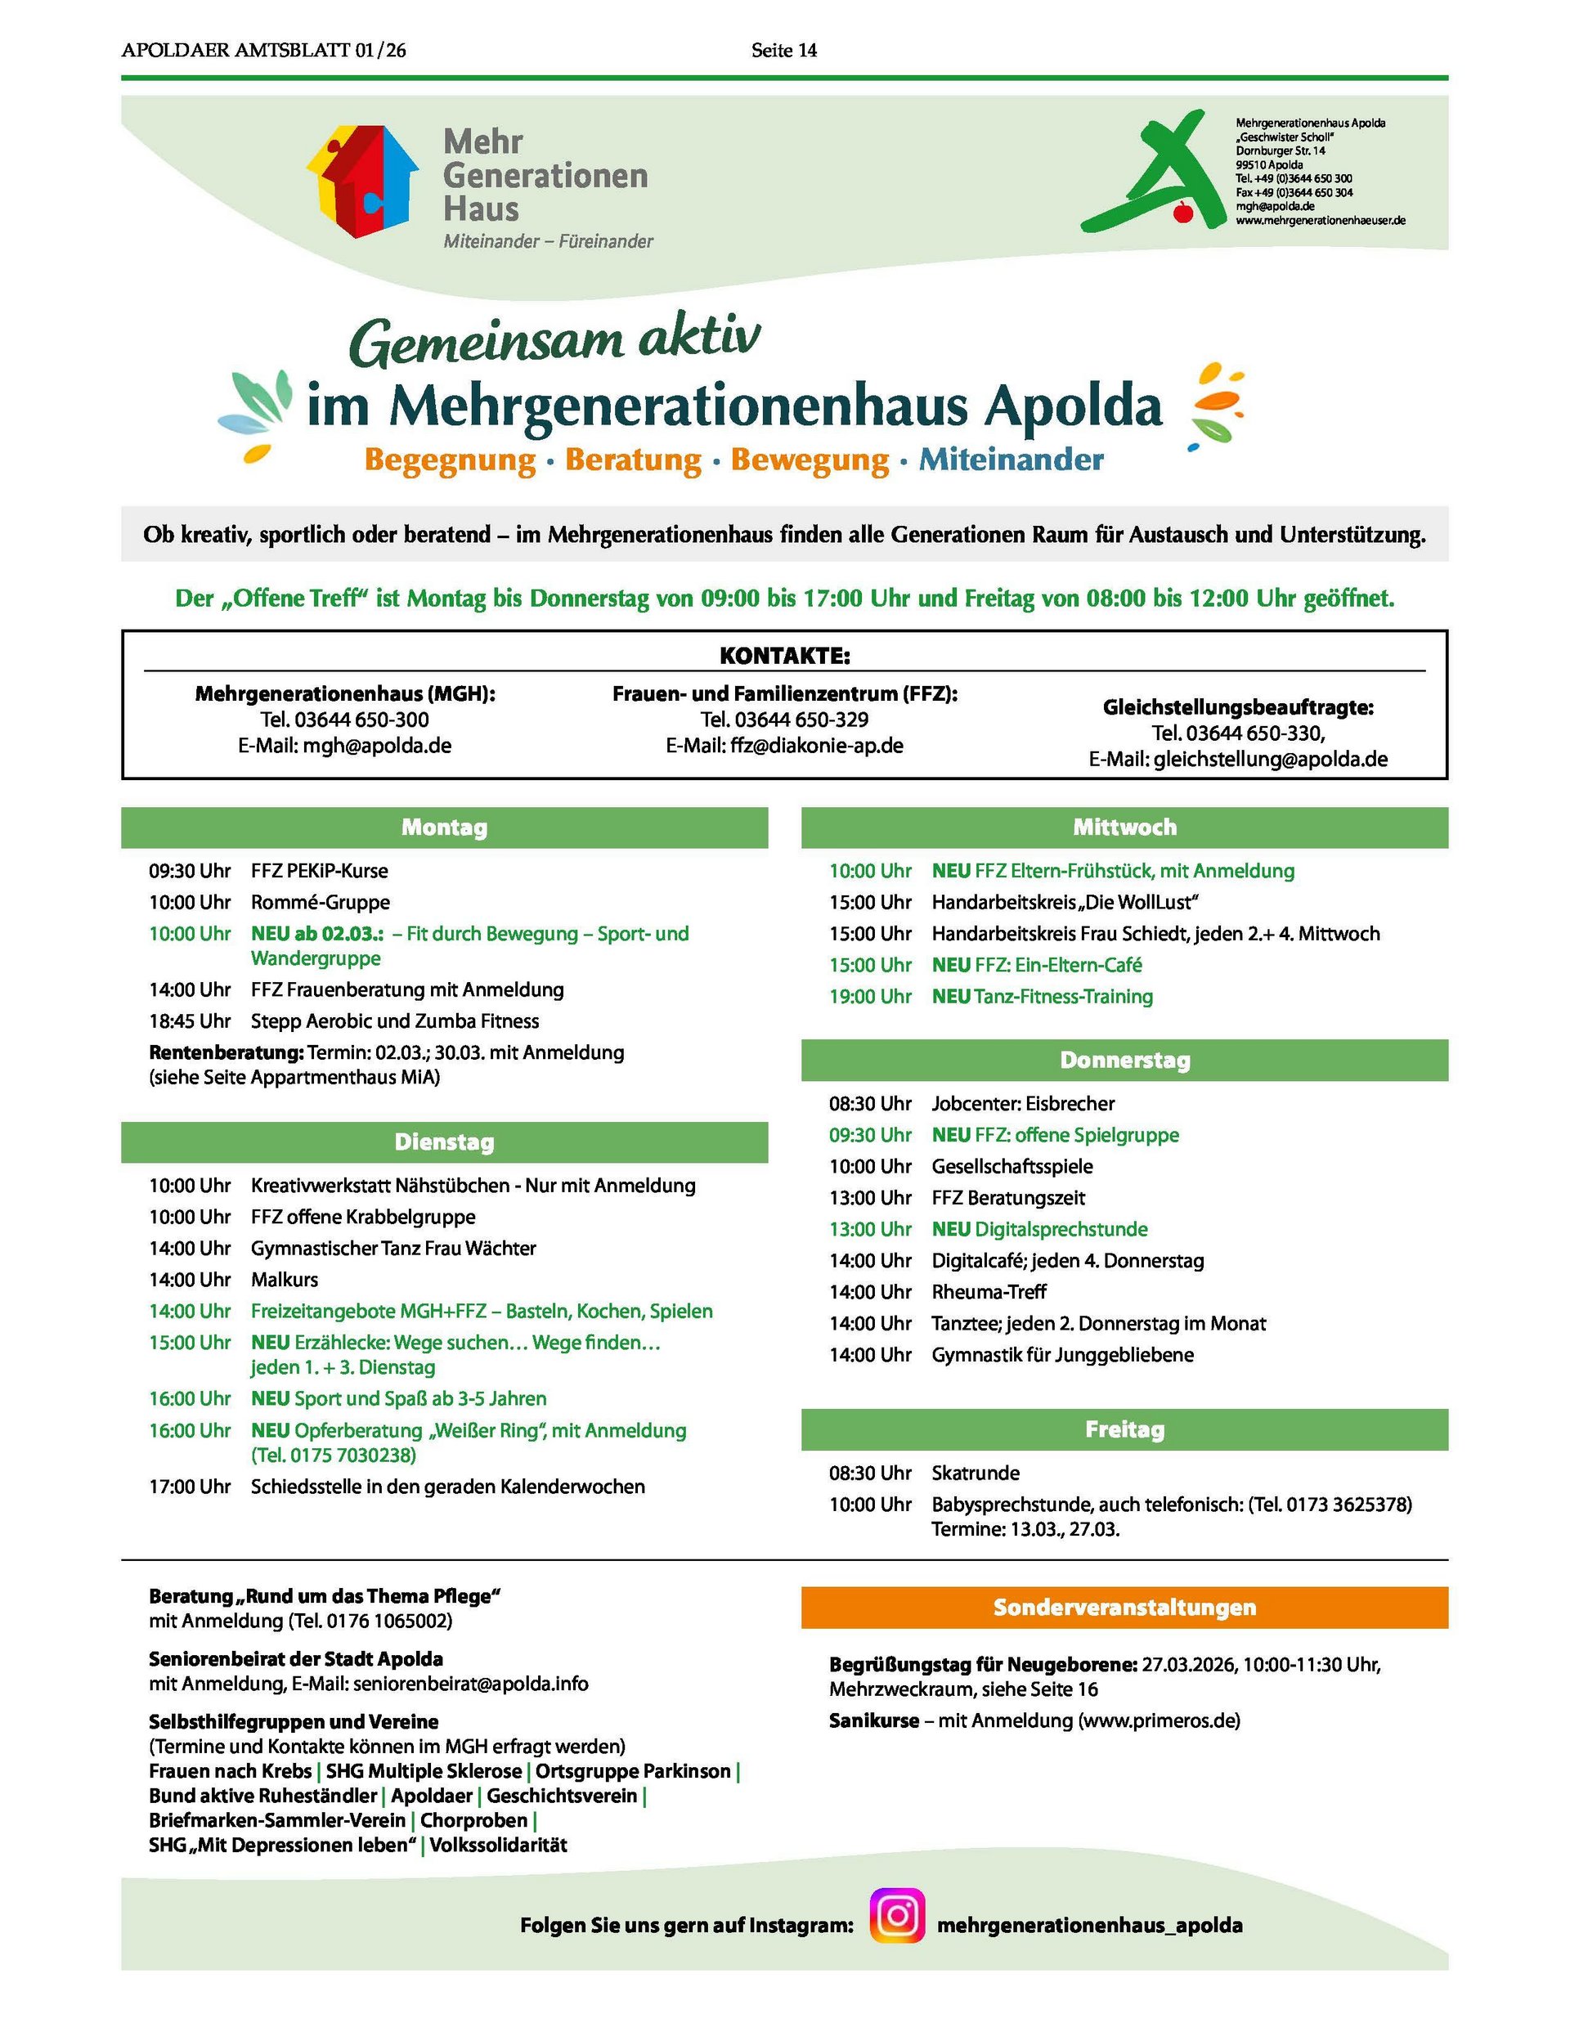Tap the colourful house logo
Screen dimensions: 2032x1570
coord(362,181)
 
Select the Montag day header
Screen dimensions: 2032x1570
coord(444,828)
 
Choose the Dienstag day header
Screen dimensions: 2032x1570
coord(444,1142)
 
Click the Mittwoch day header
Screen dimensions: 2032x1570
coord(1124,828)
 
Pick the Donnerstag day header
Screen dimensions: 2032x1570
coord(1124,1060)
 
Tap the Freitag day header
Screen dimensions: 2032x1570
coord(1124,1429)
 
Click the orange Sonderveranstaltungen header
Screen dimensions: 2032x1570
coord(1124,1607)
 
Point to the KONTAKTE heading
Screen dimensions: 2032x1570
coord(784,656)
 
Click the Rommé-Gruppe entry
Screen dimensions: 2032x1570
coord(321,902)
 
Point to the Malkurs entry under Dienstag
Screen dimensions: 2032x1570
coord(284,1280)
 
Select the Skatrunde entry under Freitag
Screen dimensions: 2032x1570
coord(976,1473)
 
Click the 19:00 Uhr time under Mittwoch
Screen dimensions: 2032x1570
coord(870,997)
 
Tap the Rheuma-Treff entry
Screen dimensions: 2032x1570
coord(989,1291)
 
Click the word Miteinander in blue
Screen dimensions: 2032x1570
coord(1011,460)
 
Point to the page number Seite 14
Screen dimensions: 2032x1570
coord(783,50)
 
